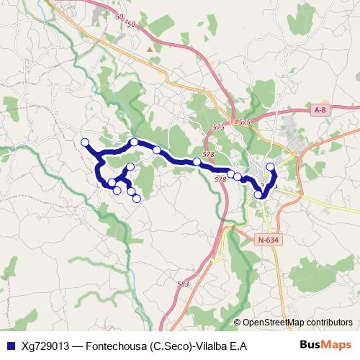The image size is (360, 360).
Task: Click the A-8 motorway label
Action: click(x=320, y=109)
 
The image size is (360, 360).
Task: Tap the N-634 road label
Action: click(x=266, y=239)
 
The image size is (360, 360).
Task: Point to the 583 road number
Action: click(x=183, y=284)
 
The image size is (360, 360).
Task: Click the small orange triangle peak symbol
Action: click(x=150, y=49)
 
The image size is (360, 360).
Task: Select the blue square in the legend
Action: click(x=9, y=346)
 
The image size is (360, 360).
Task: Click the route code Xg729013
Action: click(x=48, y=346)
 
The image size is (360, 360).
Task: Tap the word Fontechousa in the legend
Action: click(x=118, y=346)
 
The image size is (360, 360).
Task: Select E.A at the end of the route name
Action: click(x=240, y=346)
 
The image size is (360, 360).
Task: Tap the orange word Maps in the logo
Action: click(x=337, y=346)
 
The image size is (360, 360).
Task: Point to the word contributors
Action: click(x=328, y=323)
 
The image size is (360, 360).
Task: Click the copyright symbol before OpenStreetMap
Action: click(x=238, y=323)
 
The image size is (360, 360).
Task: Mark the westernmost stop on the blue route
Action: click(x=85, y=142)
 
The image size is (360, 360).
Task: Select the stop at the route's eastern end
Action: click(x=271, y=167)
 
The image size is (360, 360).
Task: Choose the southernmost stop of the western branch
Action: click(x=136, y=199)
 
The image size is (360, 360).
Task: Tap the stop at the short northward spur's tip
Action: click(x=130, y=167)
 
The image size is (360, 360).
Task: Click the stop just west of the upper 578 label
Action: click(x=197, y=161)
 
